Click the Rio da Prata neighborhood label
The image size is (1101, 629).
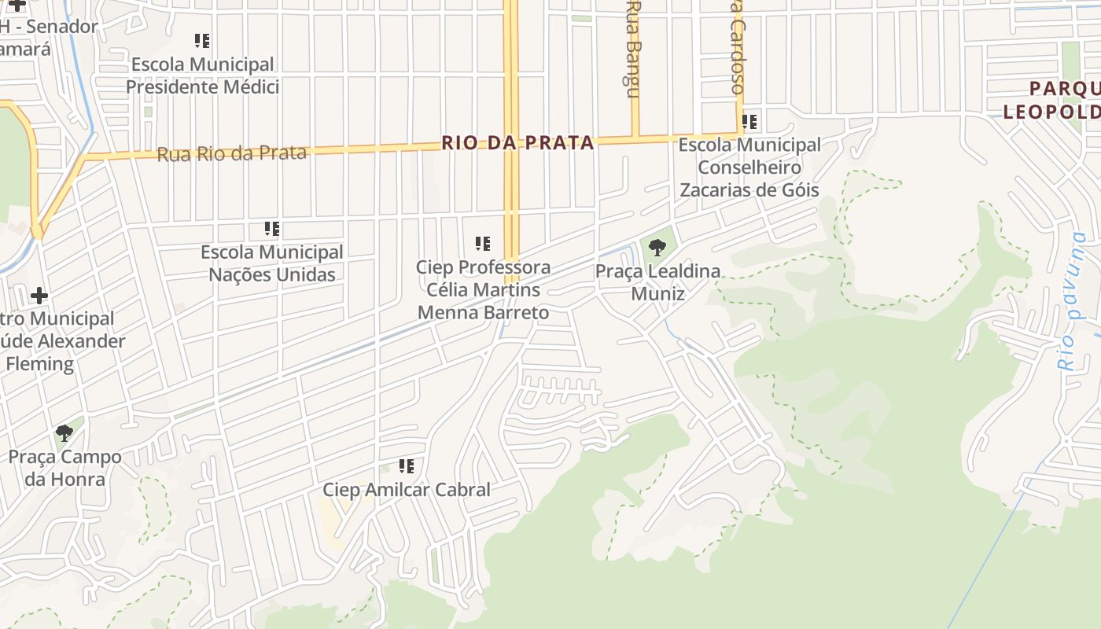tap(517, 143)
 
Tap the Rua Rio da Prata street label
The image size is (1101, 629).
tap(231, 153)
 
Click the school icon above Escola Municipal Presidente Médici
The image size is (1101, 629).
tap(202, 41)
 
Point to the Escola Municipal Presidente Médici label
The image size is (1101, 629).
tap(202, 75)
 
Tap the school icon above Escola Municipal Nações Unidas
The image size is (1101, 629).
tap(272, 230)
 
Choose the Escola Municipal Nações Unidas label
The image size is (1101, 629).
tap(272, 263)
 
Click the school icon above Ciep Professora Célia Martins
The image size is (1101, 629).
tap(483, 244)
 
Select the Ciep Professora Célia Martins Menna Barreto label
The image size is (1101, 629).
tap(483, 289)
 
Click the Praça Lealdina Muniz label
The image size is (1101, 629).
tap(657, 282)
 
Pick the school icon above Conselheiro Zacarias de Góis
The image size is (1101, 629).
tap(749, 122)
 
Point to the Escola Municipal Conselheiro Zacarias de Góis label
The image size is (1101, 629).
tap(749, 167)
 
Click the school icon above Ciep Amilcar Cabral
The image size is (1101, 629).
tap(407, 466)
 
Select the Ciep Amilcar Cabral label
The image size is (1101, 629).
tap(407, 490)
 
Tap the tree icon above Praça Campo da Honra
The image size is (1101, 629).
tap(64, 432)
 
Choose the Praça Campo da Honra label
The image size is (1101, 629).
tap(64, 468)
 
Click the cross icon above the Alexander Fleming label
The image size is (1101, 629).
tap(39, 296)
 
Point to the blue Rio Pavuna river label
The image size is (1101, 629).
tap(1071, 302)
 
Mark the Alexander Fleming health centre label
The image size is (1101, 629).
tap(63, 341)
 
